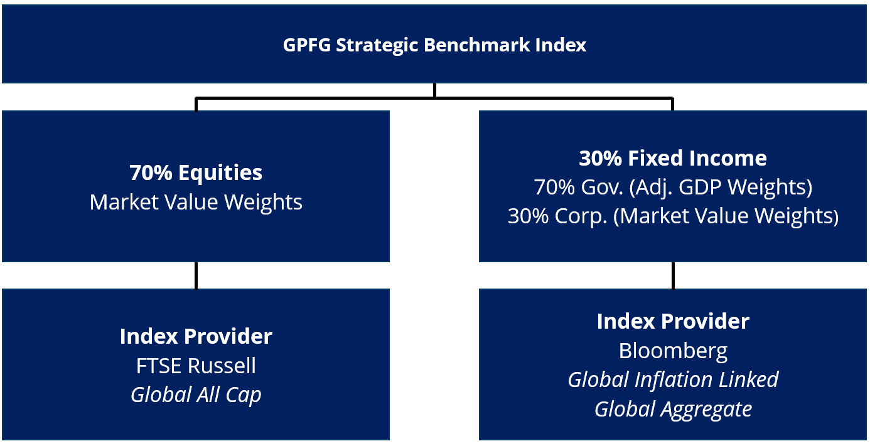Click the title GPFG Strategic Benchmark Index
pyautogui.click(x=434, y=45)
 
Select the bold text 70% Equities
pyautogui.click(x=196, y=173)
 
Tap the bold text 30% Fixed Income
pyautogui.click(x=673, y=158)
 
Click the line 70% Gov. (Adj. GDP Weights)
pyautogui.click(x=673, y=187)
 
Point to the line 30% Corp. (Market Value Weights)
pyautogui.click(x=673, y=216)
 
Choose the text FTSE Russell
pyautogui.click(x=196, y=366)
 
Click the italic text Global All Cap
pyautogui.click(x=196, y=395)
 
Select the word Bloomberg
pyautogui.click(x=673, y=351)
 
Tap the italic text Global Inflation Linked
pyautogui.click(x=673, y=380)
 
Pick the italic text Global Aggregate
pyautogui.click(x=673, y=409)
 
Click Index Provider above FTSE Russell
pyautogui.click(x=196, y=336)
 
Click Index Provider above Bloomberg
pyautogui.click(x=673, y=321)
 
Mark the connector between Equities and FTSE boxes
pyautogui.click(x=196, y=275)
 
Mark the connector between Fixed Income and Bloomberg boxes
pyautogui.click(x=673, y=275)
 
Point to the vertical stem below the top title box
pyautogui.click(x=434, y=90)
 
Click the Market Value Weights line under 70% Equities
pyautogui.click(x=196, y=202)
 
